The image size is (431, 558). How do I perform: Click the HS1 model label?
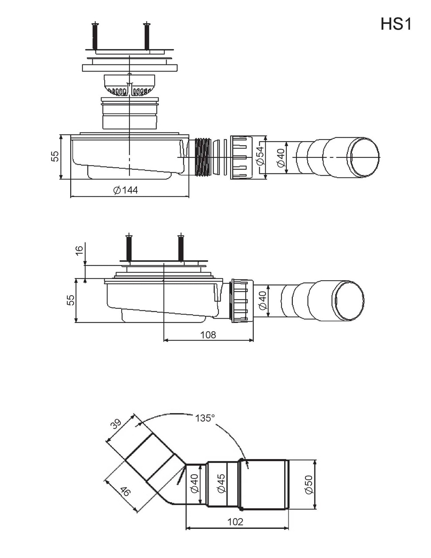point(396,24)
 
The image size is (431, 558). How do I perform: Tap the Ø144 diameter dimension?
point(126,190)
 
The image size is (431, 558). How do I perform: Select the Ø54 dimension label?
point(260,155)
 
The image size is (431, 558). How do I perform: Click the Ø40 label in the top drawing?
point(281,157)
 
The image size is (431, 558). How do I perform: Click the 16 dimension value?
point(79,250)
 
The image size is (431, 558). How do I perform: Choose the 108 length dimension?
point(208,335)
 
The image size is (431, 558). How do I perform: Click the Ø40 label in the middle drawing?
point(262,300)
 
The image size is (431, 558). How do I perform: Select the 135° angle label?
point(205,418)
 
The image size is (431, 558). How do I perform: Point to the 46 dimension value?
point(125,492)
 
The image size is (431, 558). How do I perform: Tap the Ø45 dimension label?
point(221,483)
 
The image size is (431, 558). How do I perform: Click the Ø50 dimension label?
point(309,484)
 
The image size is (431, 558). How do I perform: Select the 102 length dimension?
point(236,522)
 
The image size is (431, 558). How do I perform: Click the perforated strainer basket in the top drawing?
point(129,85)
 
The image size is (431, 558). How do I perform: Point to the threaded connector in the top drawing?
point(203,157)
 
